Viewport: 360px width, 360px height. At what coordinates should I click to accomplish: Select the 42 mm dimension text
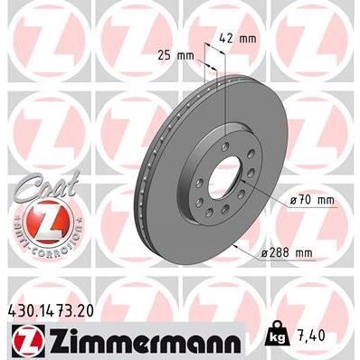point(239,38)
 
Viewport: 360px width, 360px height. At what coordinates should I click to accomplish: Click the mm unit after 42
point(248,38)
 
